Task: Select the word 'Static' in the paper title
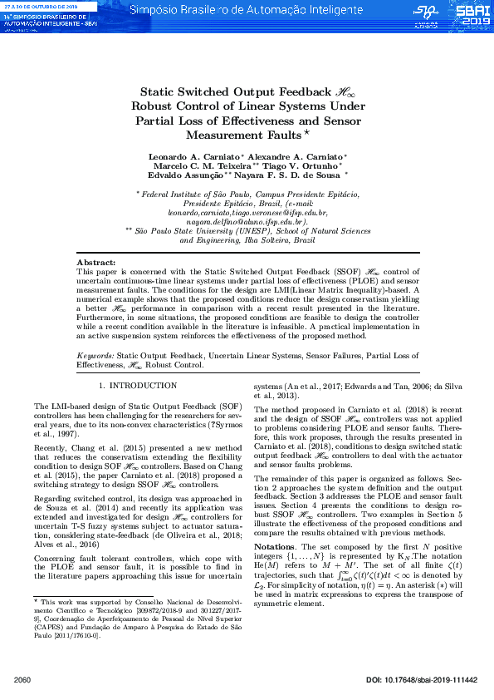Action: click(157, 92)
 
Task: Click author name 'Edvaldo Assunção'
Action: click(185, 175)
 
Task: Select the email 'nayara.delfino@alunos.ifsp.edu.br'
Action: click(247, 223)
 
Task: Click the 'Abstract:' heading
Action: click(96, 263)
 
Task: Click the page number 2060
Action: click(22, 680)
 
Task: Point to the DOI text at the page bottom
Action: click(421, 680)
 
